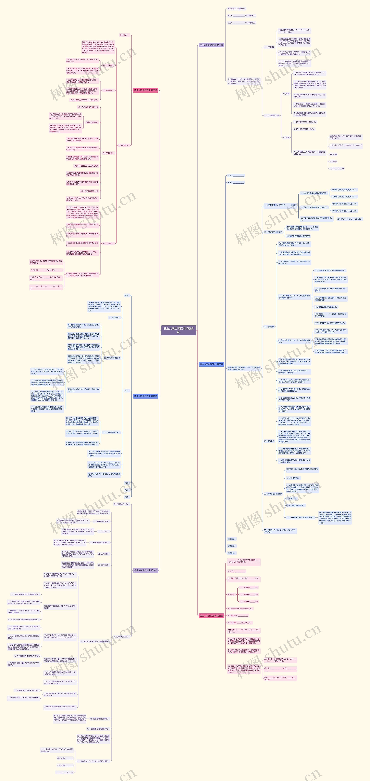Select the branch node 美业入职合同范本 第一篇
tap(211, 45)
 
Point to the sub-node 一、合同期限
tap(269, 47)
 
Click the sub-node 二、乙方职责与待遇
tap(271, 115)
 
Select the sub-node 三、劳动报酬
tap(269, 327)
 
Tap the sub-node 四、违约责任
tap(269, 441)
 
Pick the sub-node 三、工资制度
tap(108, 153)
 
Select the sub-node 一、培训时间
tap(114, 318)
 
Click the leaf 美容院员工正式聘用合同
tap(236, 9)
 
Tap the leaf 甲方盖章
tap(231, 539)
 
